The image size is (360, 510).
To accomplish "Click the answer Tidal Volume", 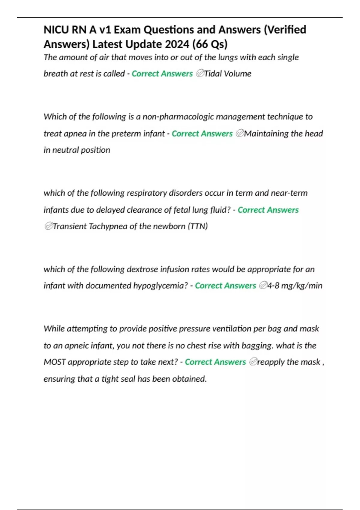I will [228, 73].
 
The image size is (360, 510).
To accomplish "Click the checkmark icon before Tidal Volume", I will [200, 73].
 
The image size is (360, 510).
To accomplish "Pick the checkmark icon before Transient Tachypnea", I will [48, 226].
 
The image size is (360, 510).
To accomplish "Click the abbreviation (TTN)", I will [198, 226].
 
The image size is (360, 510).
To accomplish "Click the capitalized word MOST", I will [55, 362].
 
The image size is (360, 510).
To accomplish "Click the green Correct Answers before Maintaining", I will [202, 133].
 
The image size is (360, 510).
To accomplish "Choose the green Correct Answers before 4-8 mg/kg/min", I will [225, 286].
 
